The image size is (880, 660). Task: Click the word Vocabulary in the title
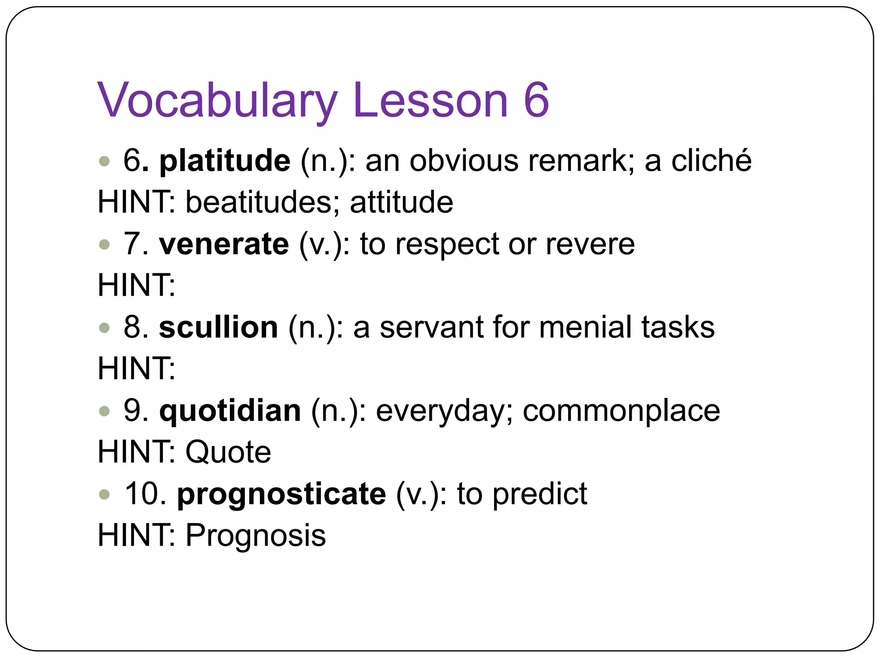tap(217, 101)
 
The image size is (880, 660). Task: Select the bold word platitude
tap(225, 161)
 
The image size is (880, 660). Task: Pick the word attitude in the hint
tap(401, 202)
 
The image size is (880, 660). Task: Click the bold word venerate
tap(224, 244)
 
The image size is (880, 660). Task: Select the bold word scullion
tap(218, 327)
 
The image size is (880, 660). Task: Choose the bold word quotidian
tap(230, 411)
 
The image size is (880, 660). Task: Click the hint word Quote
tap(228, 452)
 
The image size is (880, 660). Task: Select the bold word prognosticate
tap(281, 494)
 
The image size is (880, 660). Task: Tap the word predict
tap(540, 494)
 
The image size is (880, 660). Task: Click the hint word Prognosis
tap(256, 535)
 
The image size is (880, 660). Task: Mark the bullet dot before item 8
tap(104, 328)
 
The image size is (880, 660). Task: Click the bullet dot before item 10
tap(104, 495)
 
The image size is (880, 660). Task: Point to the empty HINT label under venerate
tap(136, 285)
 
